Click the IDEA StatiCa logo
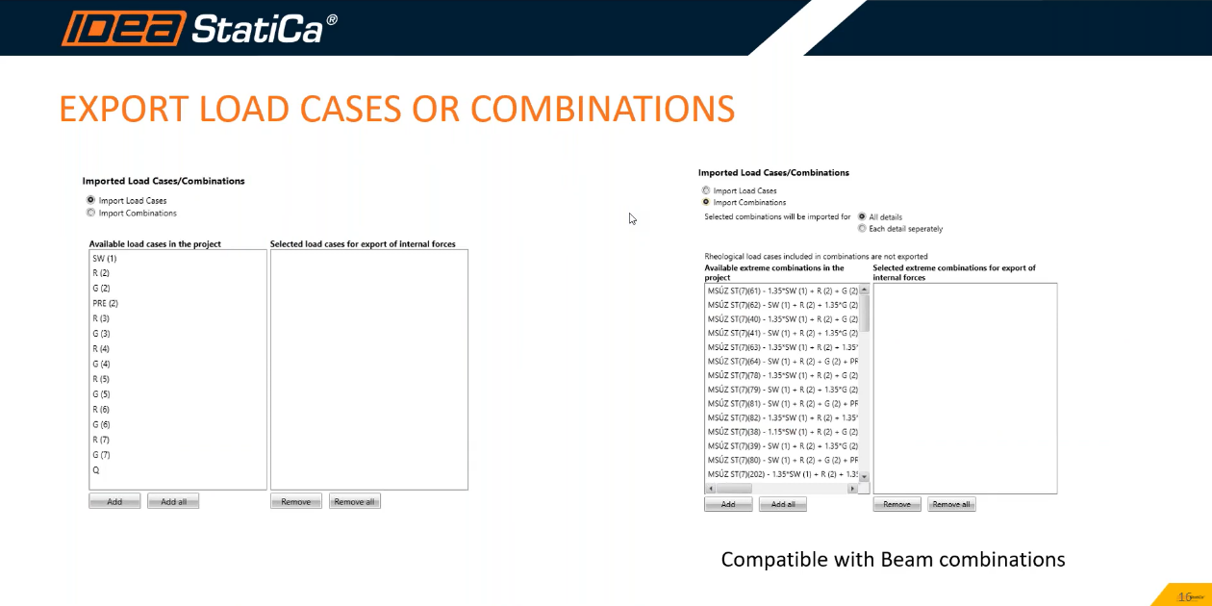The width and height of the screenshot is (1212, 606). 199,28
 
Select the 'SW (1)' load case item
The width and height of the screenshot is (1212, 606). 105,259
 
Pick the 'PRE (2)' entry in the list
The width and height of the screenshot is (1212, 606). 106,303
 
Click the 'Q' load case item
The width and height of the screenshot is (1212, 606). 96,470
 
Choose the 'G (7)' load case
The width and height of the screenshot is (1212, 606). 102,455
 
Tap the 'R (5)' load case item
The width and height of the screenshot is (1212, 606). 102,379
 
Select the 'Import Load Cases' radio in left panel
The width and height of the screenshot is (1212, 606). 91,201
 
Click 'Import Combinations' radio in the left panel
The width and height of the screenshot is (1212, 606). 91,213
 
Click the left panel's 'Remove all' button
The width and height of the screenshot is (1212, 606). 355,501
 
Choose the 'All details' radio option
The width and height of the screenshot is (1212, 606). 862,216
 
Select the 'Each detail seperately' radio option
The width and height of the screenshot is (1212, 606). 862,229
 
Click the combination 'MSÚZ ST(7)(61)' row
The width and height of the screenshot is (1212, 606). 781,290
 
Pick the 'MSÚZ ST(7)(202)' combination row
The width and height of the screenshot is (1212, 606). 781,474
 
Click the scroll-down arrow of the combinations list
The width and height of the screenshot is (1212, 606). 864,477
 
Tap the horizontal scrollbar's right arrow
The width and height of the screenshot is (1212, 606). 851,490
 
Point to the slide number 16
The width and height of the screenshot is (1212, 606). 1185,596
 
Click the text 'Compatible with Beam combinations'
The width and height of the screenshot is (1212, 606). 893,560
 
